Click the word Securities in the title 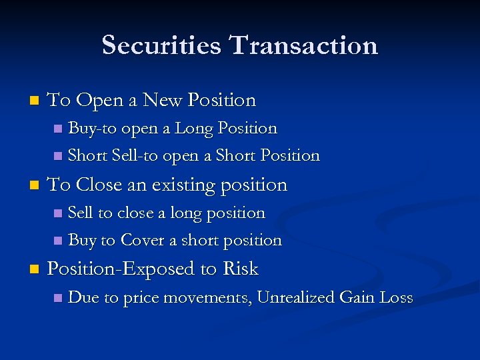160,45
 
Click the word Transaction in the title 303,45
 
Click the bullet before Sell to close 57,213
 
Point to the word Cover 142,240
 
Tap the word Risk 241,269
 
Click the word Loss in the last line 396,297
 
